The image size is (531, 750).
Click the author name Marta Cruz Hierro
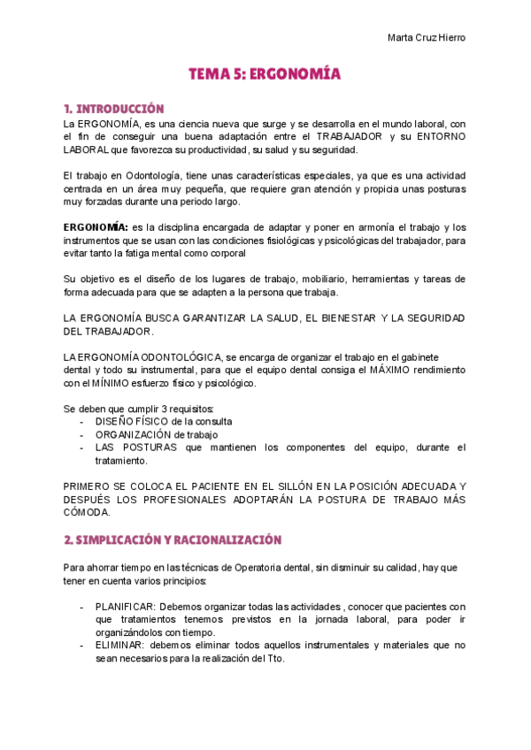(x=427, y=37)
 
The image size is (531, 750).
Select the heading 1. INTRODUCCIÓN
(x=114, y=109)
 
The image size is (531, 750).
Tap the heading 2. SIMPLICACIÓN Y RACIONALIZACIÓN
(x=173, y=540)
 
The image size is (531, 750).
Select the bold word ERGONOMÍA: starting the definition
(x=96, y=227)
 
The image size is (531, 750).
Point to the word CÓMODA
(x=86, y=512)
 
